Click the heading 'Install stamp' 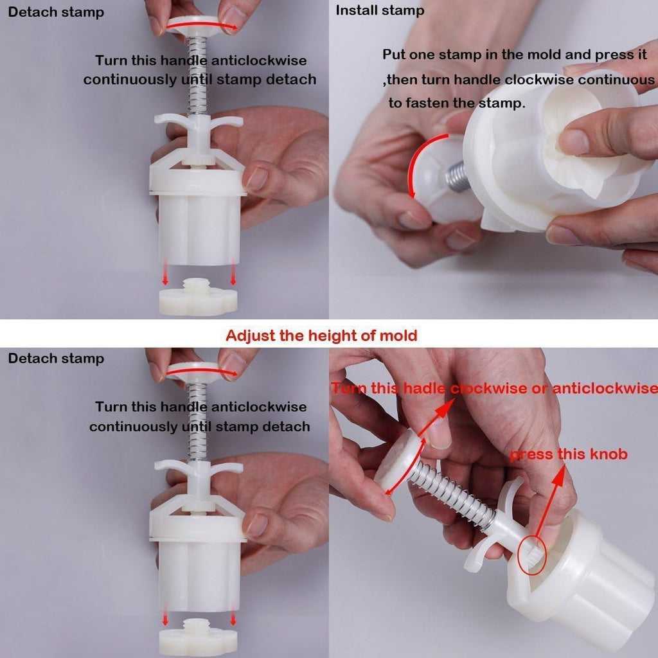click(380, 10)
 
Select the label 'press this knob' click(569, 454)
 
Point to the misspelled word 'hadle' click(424, 389)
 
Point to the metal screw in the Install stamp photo click(456, 176)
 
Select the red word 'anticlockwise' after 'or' click(605, 389)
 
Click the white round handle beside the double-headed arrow click(397, 461)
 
